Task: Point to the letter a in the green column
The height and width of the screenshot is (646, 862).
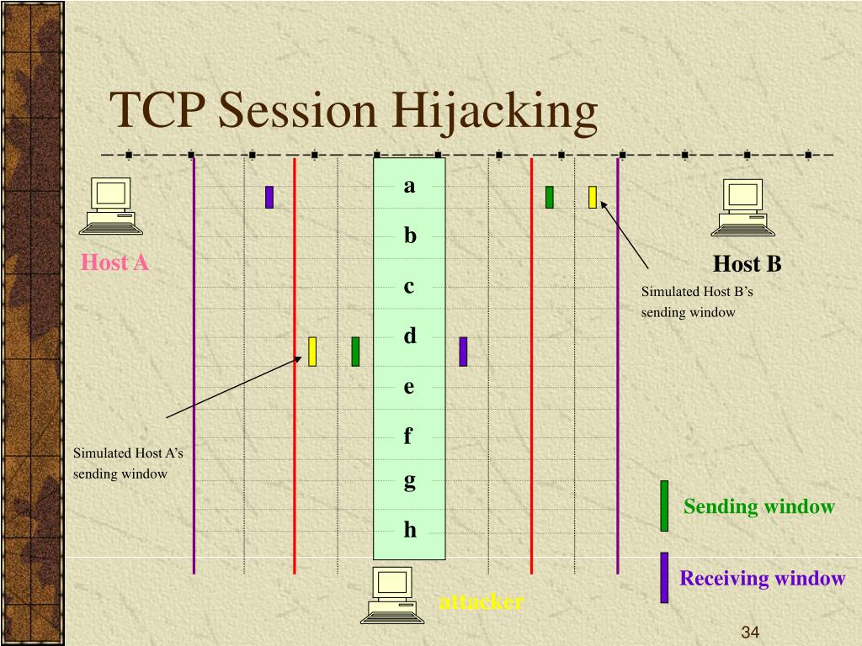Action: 410,186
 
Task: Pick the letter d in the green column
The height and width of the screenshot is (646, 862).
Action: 410,336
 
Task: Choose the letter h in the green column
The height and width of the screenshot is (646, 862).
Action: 410,529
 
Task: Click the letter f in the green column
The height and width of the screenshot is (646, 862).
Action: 409,435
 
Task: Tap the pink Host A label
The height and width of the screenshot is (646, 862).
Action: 114,263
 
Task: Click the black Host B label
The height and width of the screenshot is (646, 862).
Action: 747,265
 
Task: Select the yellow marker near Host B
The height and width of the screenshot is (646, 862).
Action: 593,197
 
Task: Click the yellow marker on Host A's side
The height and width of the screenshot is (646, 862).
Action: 312,351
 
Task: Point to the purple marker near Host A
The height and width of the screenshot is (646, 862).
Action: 269,197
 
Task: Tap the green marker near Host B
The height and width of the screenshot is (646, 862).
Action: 550,197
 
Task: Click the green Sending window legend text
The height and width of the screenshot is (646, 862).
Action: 758,506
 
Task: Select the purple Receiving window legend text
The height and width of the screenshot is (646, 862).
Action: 762,578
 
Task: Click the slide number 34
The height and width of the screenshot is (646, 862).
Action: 751,633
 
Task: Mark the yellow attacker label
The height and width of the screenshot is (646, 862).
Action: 481,601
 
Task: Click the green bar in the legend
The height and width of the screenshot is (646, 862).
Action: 664,506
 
